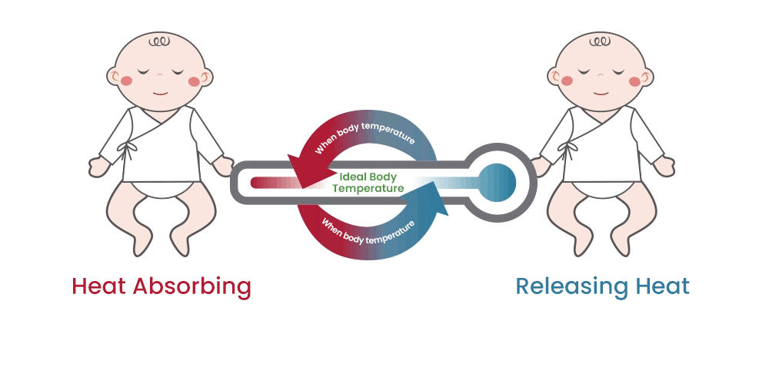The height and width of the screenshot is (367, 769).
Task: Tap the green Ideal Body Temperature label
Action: pos(368,182)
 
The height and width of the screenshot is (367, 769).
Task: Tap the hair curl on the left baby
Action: pos(160,40)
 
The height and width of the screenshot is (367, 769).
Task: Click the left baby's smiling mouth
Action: pos(160,91)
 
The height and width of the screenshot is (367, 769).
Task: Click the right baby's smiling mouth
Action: pos(601,91)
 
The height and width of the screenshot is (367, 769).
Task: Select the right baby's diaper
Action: pos(602,185)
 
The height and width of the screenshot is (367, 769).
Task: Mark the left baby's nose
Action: pos(160,78)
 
